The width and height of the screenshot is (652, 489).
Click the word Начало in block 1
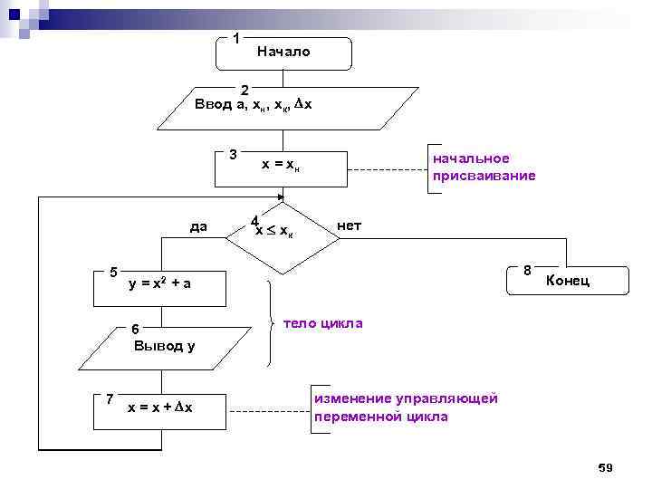click(283, 52)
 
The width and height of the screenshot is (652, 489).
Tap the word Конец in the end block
click(568, 281)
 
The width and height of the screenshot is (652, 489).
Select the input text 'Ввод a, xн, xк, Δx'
click(254, 104)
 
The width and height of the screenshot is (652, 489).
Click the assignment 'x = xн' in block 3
click(281, 165)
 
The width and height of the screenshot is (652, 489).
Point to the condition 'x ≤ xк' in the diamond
click(273, 231)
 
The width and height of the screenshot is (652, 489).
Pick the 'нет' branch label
click(349, 225)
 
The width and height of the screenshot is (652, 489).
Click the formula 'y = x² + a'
click(159, 284)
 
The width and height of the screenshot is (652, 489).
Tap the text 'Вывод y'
click(164, 345)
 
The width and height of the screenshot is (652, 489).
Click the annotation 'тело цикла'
click(323, 323)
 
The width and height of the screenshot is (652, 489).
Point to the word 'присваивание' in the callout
click(484, 176)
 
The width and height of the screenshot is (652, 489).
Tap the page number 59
click(606, 467)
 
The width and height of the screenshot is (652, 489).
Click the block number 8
click(527, 270)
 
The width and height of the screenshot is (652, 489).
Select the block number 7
click(109, 398)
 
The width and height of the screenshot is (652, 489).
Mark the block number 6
click(135, 329)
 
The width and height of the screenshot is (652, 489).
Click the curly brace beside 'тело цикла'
click(272, 323)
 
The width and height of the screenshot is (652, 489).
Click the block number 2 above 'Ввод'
click(244, 89)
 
